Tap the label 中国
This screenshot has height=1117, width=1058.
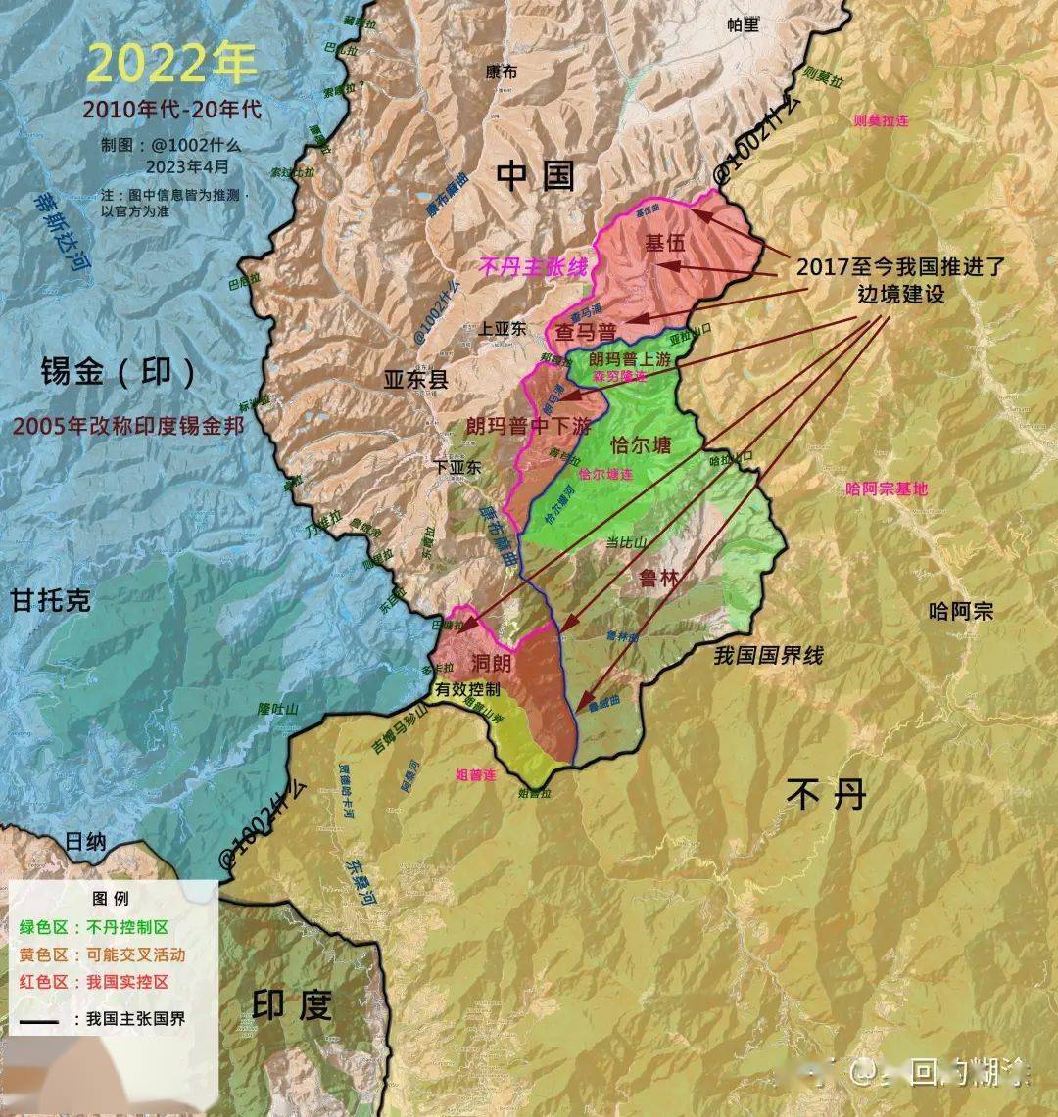(x=534, y=176)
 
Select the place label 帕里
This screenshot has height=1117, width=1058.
(x=744, y=25)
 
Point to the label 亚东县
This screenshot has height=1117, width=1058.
(x=415, y=379)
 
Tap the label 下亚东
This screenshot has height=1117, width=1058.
(x=458, y=468)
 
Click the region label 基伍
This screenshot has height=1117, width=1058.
(x=664, y=244)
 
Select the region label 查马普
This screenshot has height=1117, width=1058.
(x=585, y=331)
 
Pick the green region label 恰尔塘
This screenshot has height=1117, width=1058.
(x=641, y=445)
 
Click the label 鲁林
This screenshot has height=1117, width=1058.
(x=658, y=578)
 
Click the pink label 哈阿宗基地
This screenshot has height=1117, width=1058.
(x=886, y=489)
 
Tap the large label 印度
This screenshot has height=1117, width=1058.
(x=293, y=1005)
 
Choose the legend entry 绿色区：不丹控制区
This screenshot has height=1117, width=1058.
(x=94, y=926)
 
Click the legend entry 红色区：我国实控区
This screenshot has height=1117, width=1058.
(x=94, y=981)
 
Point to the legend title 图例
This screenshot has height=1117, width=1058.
(x=110, y=898)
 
